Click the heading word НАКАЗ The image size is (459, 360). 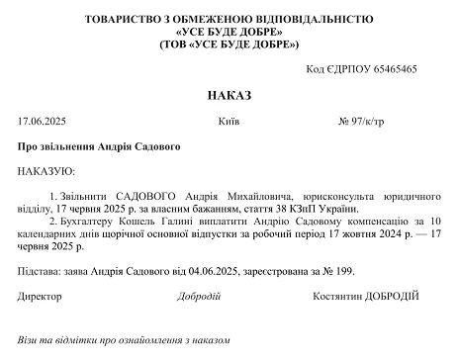pos(229,95)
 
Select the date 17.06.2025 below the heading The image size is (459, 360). pos(41,121)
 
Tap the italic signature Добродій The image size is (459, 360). pos(200,296)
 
